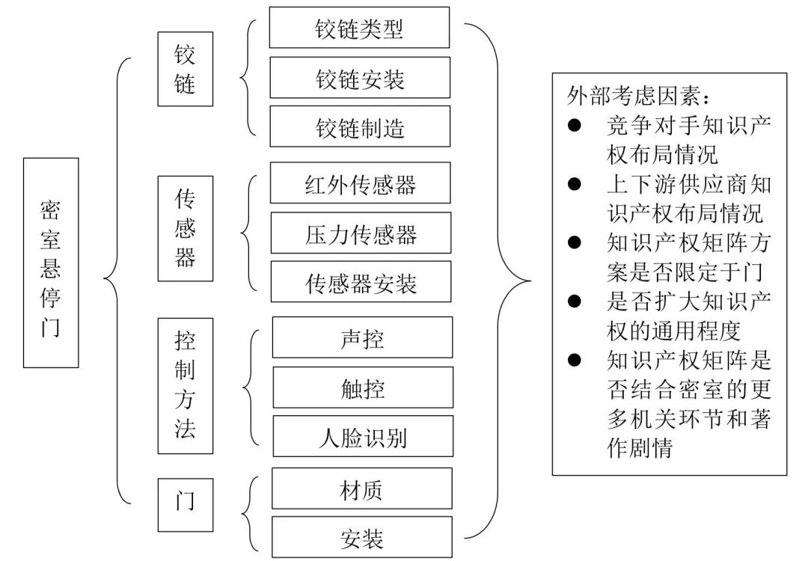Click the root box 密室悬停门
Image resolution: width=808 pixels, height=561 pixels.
tap(51, 263)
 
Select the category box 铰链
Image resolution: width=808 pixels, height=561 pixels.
tap(185, 69)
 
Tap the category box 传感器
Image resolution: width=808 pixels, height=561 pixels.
tap(185, 228)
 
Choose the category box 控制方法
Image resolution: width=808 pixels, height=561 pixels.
tap(185, 385)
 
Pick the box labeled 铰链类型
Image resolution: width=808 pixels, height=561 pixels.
tap(360, 28)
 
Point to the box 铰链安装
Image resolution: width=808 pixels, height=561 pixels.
tap(360, 78)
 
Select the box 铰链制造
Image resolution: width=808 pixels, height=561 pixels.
tap(360, 126)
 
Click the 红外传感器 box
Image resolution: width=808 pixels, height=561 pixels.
tap(360, 183)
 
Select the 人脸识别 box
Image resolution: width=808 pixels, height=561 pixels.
tap(362, 436)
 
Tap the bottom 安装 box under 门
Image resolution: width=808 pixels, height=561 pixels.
tap(362, 537)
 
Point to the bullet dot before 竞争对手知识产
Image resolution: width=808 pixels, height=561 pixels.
tap(575, 125)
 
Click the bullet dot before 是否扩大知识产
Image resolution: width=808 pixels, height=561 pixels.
tap(575, 301)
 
